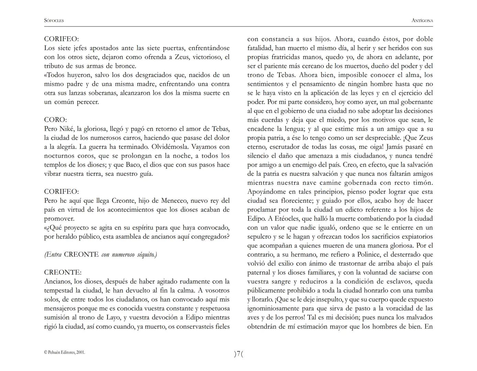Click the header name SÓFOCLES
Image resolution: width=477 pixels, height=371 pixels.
pyautogui.click(x=54, y=21)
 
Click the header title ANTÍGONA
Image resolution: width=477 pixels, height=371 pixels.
pyautogui.click(x=422, y=21)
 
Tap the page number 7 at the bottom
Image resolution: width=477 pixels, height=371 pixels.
pyautogui.click(x=238, y=354)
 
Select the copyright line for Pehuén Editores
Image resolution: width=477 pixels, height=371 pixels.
pyautogui.click(x=65, y=352)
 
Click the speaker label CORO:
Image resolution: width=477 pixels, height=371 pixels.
pyautogui.click(x=55, y=120)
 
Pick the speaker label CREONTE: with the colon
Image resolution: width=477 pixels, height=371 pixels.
pyautogui.click(x=63, y=272)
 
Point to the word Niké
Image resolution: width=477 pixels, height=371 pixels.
pyautogui.click(x=67, y=129)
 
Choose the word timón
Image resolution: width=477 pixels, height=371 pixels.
pyautogui.click(x=422, y=183)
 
